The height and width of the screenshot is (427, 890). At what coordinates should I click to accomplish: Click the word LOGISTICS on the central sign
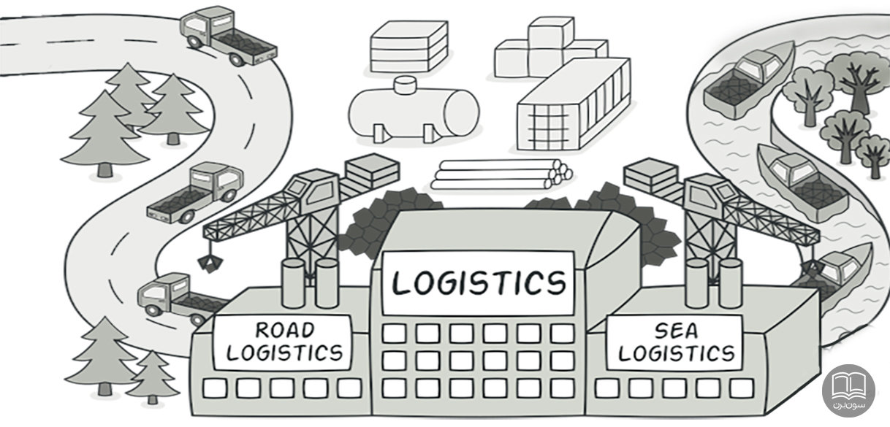[x=479, y=282]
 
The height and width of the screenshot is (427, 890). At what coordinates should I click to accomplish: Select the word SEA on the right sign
[x=674, y=331]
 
